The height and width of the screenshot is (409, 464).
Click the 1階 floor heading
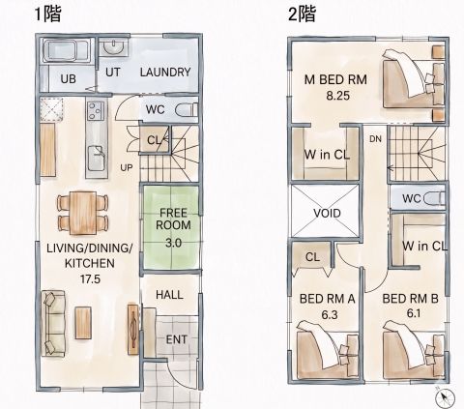[x=47, y=15]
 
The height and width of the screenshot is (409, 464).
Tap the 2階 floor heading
[x=302, y=15]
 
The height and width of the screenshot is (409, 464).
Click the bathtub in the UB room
[x=67, y=50]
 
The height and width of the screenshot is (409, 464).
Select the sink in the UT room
[x=113, y=48]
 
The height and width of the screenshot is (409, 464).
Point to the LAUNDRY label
[x=165, y=73]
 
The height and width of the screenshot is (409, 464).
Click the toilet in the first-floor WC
[x=187, y=110]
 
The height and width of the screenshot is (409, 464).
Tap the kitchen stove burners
[x=96, y=110]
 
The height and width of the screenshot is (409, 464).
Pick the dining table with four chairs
[x=83, y=213]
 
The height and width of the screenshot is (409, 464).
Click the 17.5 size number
[x=90, y=278]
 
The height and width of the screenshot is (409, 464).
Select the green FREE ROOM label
[x=173, y=219]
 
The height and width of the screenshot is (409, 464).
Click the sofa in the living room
[x=53, y=323]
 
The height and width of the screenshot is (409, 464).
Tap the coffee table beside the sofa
[x=83, y=323]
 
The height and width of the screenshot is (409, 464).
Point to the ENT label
[x=176, y=339]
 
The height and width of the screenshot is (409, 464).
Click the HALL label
[x=169, y=295]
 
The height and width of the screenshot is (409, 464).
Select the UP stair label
[x=127, y=167]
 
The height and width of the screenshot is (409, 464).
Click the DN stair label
[x=375, y=139]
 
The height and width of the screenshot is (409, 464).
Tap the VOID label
[x=327, y=213]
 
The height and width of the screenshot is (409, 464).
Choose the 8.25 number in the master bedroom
[x=337, y=96]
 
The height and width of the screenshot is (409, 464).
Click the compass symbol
[x=445, y=397]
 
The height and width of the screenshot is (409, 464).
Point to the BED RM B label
[x=410, y=299]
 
